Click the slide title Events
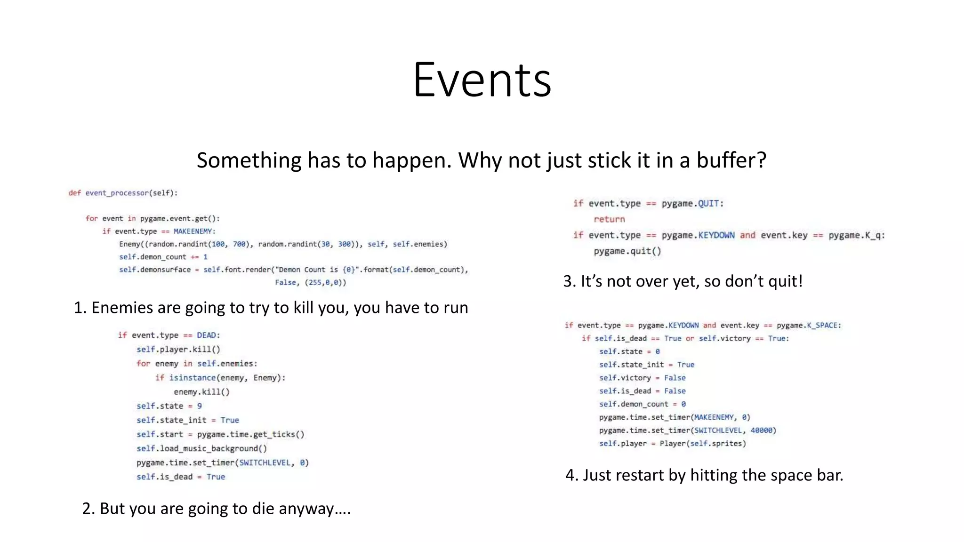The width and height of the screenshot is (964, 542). pyautogui.click(x=482, y=80)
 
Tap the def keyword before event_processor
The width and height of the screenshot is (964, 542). pyautogui.click(x=74, y=193)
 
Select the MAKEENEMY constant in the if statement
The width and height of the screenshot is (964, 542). pyautogui.click(x=194, y=231)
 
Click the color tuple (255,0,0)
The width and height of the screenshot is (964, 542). pyautogui.click(x=325, y=283)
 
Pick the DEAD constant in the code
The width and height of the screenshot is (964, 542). pyautogui.click(x=207, y=335)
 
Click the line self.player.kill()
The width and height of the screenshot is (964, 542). pyautogui.click(x=178, y=350)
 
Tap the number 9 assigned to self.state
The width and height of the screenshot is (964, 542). pyautogui.click(x=200, y=406)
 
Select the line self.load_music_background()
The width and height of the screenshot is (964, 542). pyautogui.click(x=201, y=448)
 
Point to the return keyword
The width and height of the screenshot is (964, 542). pyautogui.click(x=609, y=219)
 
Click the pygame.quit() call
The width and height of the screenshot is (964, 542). pyautogui.click(x=627, y=251)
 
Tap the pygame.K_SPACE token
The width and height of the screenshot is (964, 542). pyautogui.click(x=808, y=326)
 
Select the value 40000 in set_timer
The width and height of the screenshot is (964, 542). pyautogui.click(x=762, y=430)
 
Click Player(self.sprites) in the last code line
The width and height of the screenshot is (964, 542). pyautogui.click(x=702, y=444)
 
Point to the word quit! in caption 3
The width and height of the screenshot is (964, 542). pyautogui.click(x=785, y=281)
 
